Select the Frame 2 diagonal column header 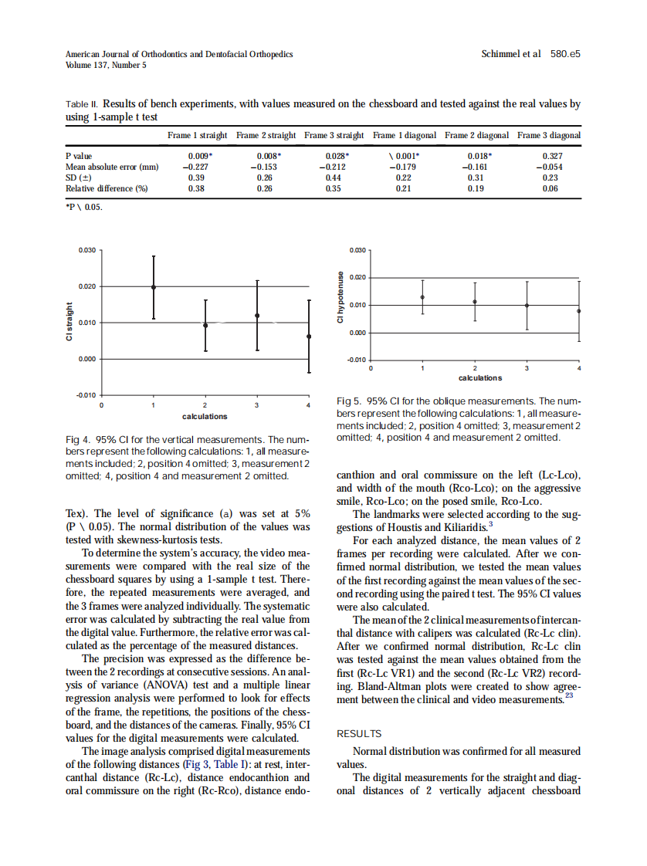[x=476, y=135]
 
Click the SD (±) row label [x=80, y=178]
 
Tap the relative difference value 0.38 [x=196, y=188]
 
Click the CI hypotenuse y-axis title [x=339, y=298]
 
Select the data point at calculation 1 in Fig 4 [x=154, y=287]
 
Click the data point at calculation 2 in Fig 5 [x=475, y=302]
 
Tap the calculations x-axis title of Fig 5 [x=479, y=378]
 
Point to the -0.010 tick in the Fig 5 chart [x=357, y=360]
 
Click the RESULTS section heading [x=359, y=734]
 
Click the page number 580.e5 [x=565, y=55]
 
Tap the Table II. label [x=82, y=103]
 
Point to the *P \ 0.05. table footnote [x=83, y=208]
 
